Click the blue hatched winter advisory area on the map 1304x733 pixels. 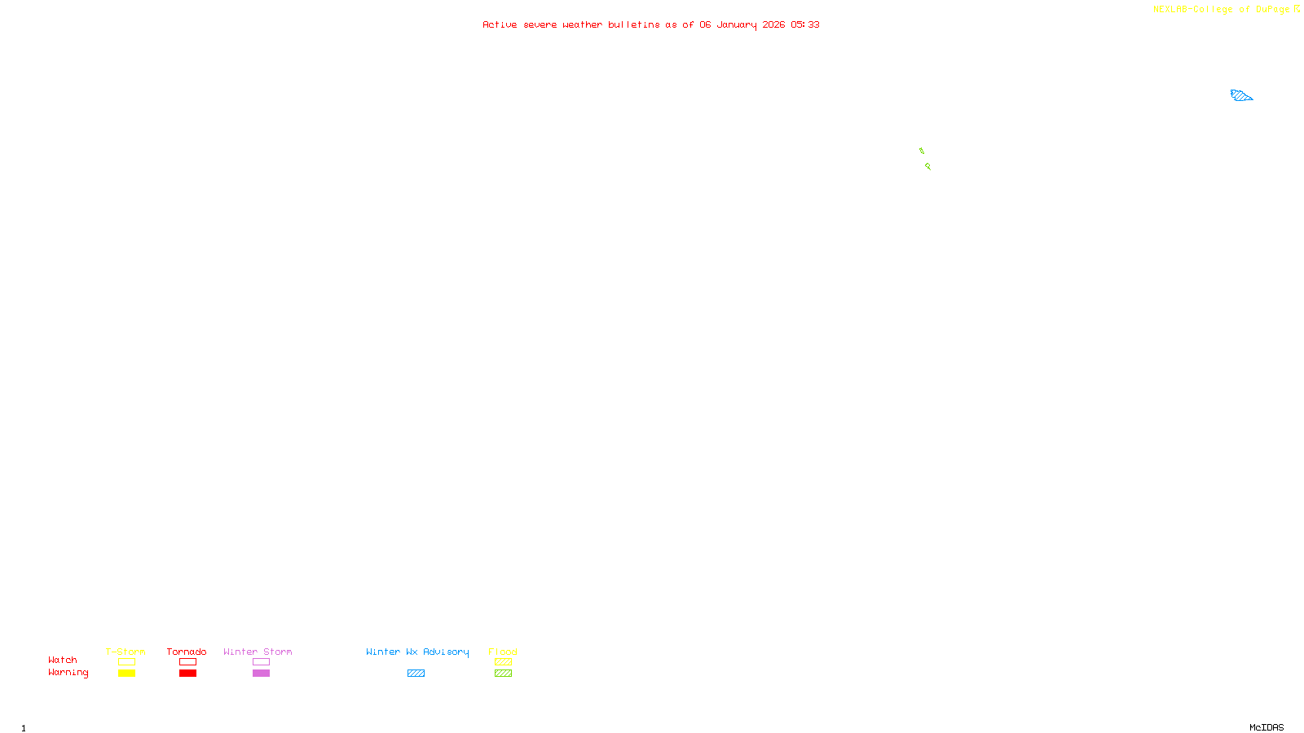[x=1240, y=96]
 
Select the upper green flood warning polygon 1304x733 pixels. [x=922, y=151]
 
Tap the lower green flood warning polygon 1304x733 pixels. [x=927, y=166]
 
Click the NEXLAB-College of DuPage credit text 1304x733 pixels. [x=1222, y=10]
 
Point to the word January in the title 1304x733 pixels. [x=737, y=25]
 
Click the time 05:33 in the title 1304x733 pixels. [x=805, y=25]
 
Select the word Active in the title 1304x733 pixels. [x=500, y=25]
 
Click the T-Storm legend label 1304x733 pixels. [x=126, y=652]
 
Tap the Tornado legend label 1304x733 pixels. [x=187, y=652]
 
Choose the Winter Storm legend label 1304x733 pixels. [x=258, y=652]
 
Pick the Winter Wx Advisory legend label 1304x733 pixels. [x=417, y=652]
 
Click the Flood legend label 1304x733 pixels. [x=503, y=652]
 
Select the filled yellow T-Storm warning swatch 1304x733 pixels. [x=126, y=674]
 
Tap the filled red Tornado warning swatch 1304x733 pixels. [x=187, y=674]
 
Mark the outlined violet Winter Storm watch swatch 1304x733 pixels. [x=261, y=662]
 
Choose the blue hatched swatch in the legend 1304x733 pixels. [x=416, y=674]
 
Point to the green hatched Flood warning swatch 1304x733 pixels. [x=503, y=674]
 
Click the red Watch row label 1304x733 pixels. [x=63, y=661]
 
